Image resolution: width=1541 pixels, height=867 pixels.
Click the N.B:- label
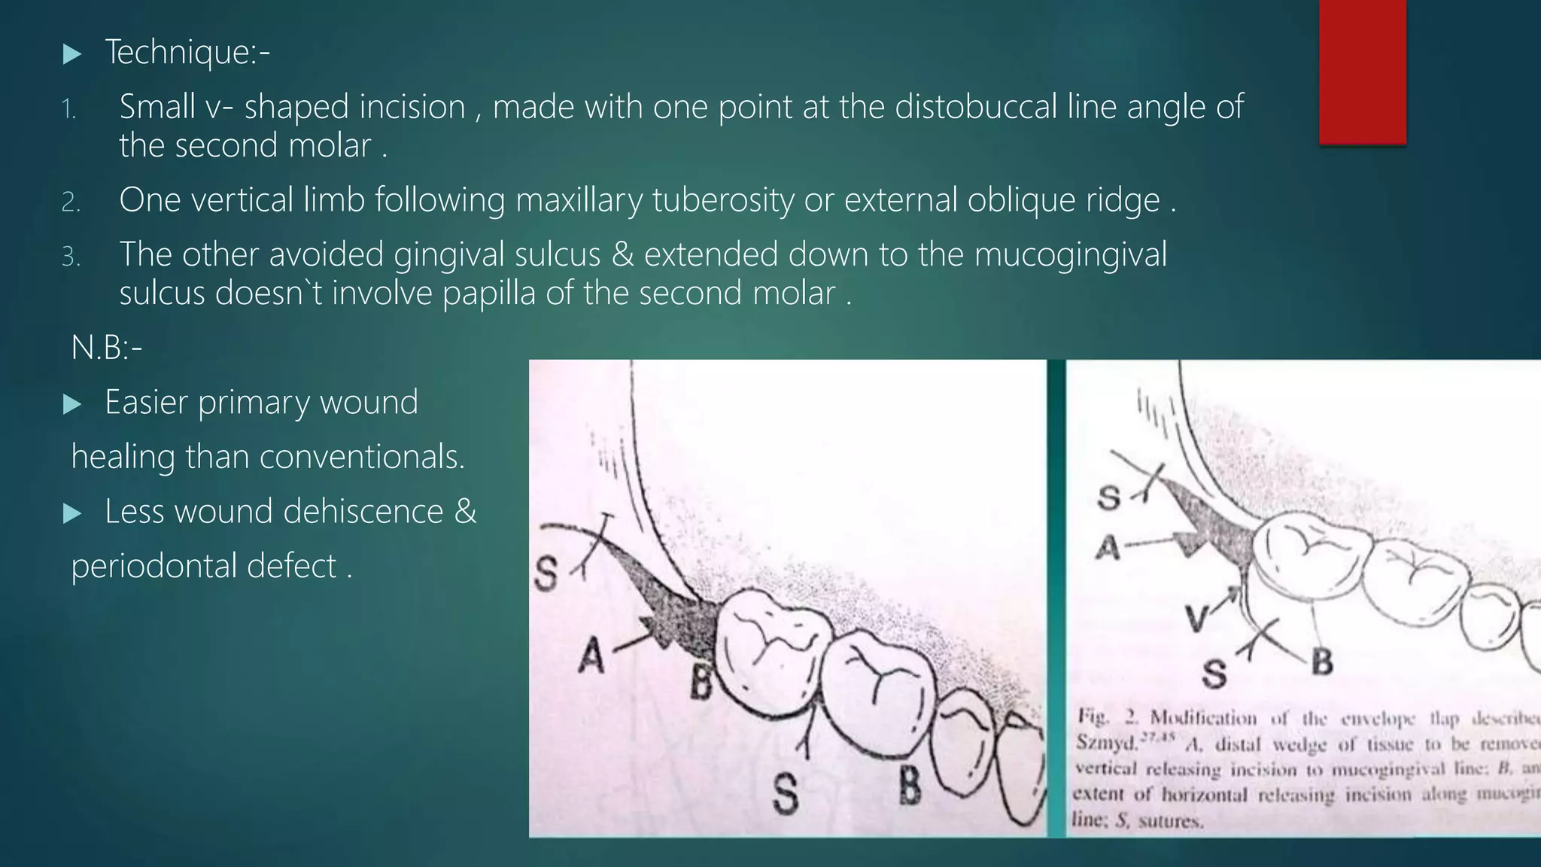pyautogui.click(x=106, y=348)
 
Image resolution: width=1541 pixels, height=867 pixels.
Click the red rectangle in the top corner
pyautogui.click(x=1362, y=71)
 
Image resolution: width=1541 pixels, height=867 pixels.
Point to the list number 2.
pyautogui.click(x=71, y=202)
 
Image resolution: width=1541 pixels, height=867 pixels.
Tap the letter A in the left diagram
pyautogui.click(x=591, y=657)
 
